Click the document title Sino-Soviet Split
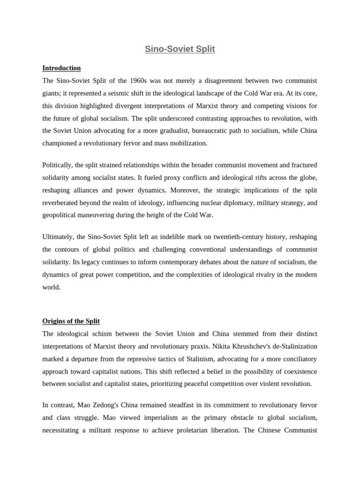180,49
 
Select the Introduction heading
61,68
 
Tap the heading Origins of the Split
71,321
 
